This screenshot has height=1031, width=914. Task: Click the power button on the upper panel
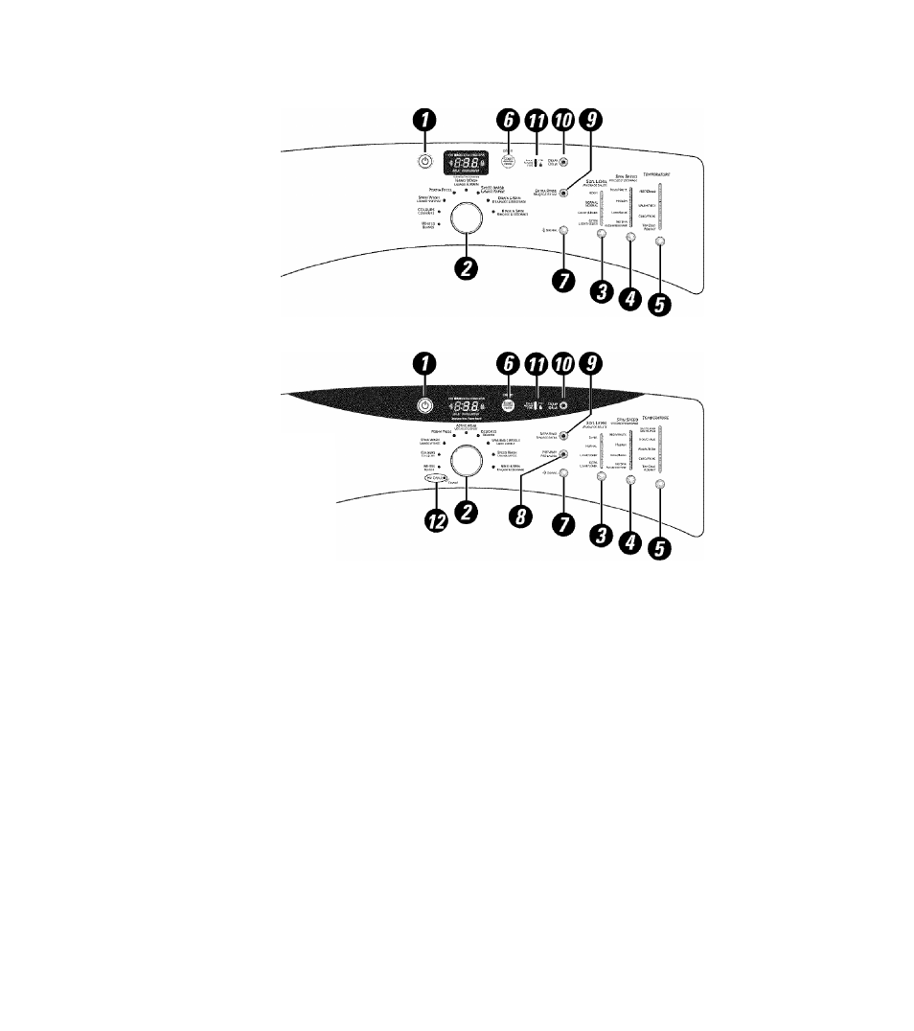[x=425, y=160]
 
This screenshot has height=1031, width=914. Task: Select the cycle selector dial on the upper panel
[x=468, y=218]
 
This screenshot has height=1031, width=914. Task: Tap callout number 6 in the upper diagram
[x=509, y=120]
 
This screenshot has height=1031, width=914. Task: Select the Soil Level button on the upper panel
[x=602, y=233]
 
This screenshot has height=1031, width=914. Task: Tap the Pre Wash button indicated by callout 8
[x=563, y=453]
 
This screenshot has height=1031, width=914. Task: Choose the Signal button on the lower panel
[x=563, y=473]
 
